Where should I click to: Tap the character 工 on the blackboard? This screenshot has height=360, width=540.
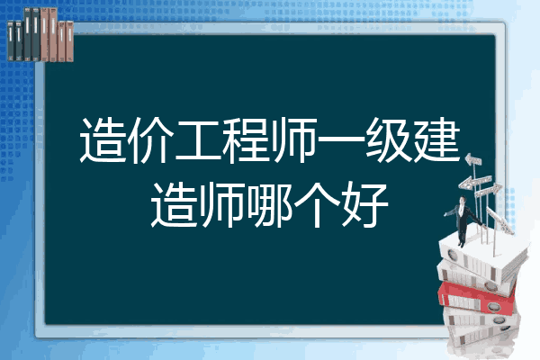(x=198, y=139)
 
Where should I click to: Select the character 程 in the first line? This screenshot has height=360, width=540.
(x=245, y=139)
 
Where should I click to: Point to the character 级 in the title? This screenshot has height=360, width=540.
(x=389, y=139)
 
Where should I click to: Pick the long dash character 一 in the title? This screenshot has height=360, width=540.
(x=341, y=139)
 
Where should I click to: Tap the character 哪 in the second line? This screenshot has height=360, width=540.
(x=270, y=205)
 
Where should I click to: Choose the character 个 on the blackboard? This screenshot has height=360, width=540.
(x=318, y=205)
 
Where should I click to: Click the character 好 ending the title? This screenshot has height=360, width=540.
(x=365, y=205)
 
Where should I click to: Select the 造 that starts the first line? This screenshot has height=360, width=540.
(x=103, y=139)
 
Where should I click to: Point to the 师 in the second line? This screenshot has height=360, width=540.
(x=222, y=205)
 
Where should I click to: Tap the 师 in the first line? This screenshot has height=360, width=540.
(x=293, y=139)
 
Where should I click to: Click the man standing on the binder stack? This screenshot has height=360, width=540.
(x=463, y=220)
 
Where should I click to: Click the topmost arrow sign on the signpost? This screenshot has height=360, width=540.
(x=473, y=159)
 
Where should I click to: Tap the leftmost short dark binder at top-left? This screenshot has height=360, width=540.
(x=11, y=40)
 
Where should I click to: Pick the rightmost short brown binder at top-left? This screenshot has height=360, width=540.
(x=69, y=41)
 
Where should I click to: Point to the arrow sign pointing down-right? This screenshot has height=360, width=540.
(x=499, y=220)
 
